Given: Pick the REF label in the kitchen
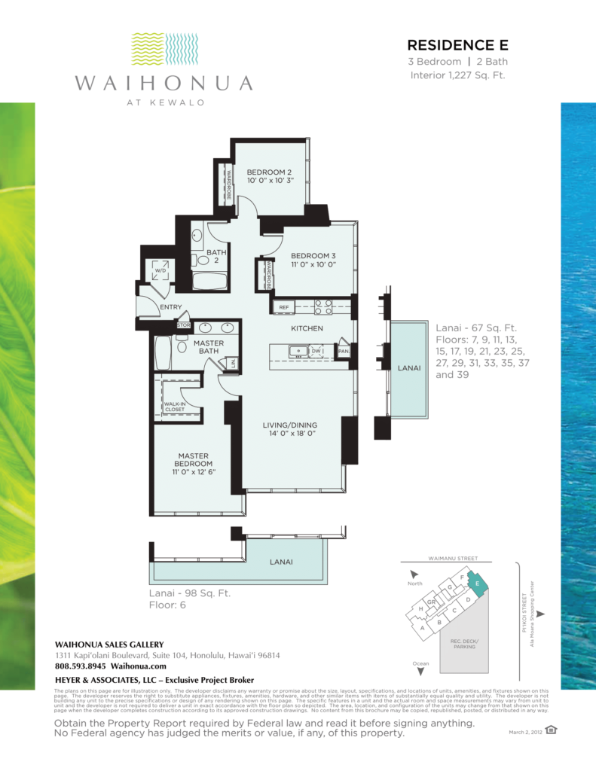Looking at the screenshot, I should [x=284, y=307].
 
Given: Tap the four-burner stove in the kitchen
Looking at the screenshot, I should [x=322, y=306].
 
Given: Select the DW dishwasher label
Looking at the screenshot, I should [x=317, y=350].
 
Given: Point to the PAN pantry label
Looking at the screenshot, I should [x=343, y=351].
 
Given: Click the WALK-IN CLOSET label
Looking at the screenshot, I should [x=174, y=407].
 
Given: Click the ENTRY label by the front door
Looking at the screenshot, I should [x=170, y=306].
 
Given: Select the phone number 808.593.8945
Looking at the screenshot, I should [x=81, y=666].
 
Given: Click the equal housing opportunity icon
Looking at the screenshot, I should [x=552, y=730].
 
